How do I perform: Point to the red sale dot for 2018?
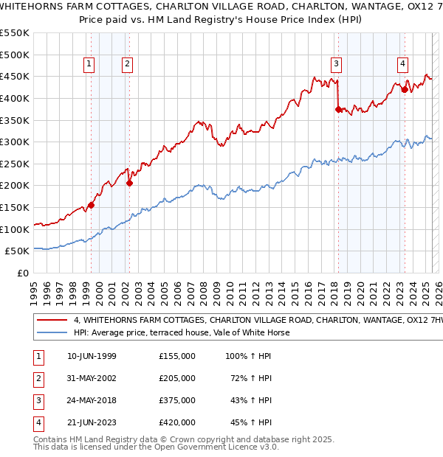click(x=338, y=109)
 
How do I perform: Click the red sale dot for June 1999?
click(x=92, y=205)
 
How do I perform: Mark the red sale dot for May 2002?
click(x=129, y=184)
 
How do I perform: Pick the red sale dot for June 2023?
click(x=405, y=90)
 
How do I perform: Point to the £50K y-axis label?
click(x=18, y=251)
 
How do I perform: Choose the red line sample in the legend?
click(x=51, y=320)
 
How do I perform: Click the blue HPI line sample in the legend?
click(x=51, y=332)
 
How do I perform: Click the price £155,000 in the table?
click(x=176, y=356)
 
